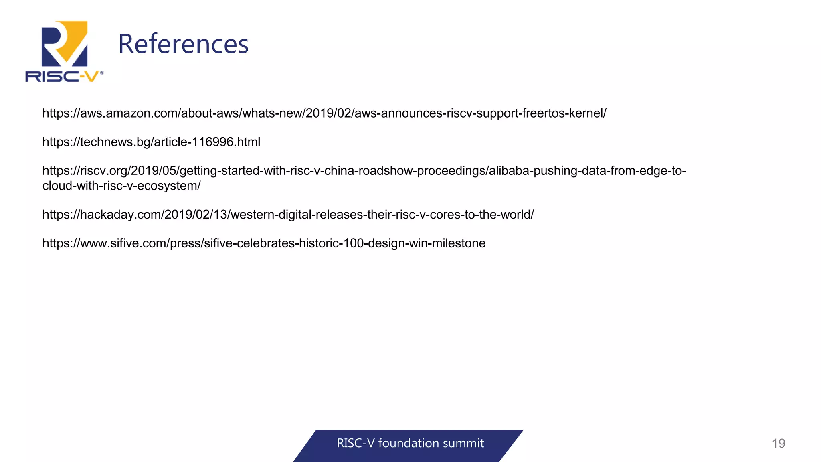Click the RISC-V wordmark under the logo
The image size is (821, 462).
tap(63, 76)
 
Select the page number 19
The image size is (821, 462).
tap(778, 443)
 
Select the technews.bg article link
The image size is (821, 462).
tap(151, 142)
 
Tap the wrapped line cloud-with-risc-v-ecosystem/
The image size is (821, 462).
tap(121, 186)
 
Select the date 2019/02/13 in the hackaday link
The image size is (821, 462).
tap(195, 215)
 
